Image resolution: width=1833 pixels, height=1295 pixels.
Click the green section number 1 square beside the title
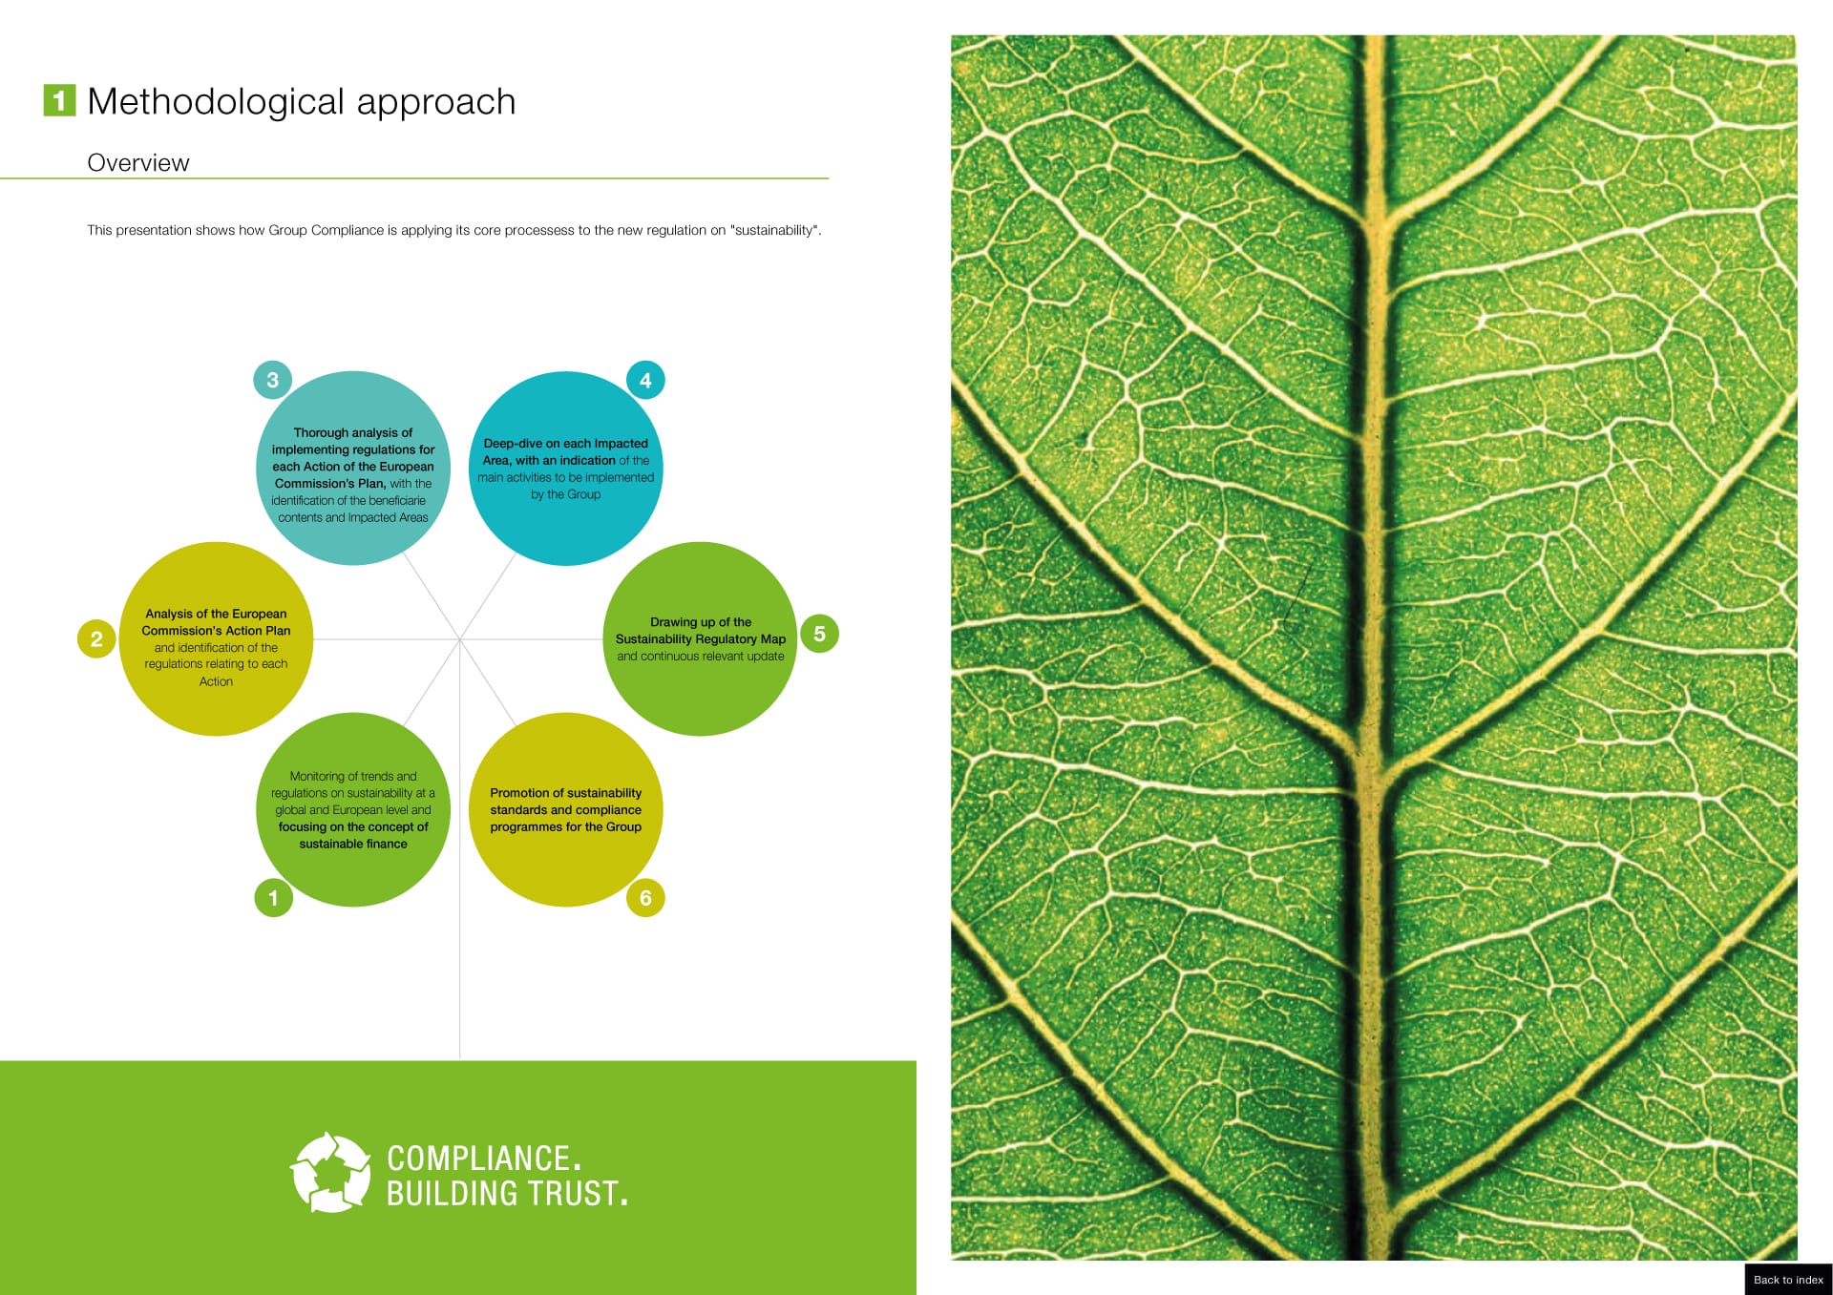click(x=59, y=100)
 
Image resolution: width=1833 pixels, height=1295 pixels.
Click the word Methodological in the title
click(x=216, y=102)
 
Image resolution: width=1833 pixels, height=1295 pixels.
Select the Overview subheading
click(x=138, y=163)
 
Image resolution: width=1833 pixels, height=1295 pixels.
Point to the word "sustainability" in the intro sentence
click(x=775, y=230)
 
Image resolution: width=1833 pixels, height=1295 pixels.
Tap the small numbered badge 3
click(x=272, y=380)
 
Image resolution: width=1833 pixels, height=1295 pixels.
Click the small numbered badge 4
click(x=645, y=381)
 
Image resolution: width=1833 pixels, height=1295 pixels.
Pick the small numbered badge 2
click(x=96, y=638)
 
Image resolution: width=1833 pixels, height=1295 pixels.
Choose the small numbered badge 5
click(x=819, y=634)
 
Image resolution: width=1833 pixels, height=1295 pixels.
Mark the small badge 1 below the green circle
click(x=273, y=897)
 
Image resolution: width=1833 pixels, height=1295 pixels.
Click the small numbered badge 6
click(x=645, y=897)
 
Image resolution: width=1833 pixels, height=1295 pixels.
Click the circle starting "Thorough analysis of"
click(x=353, y=468)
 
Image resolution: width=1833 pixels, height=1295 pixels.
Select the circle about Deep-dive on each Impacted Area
click(x=566, y=469)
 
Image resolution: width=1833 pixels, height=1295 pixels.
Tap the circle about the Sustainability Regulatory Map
click(x=701, y=638)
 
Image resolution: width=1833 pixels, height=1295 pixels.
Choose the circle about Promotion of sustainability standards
click(x=566, y=809)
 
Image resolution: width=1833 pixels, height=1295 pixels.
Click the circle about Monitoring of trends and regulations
click(x=353, y=809)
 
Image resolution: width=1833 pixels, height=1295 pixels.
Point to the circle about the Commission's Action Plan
click(x=217, y=638)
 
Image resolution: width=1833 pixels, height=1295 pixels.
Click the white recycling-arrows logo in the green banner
click(x=330, y=1172)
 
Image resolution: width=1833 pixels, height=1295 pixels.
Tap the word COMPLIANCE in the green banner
click(x=479, y=1158)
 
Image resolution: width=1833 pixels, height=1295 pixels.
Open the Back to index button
click(x=1788, y=1280)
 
